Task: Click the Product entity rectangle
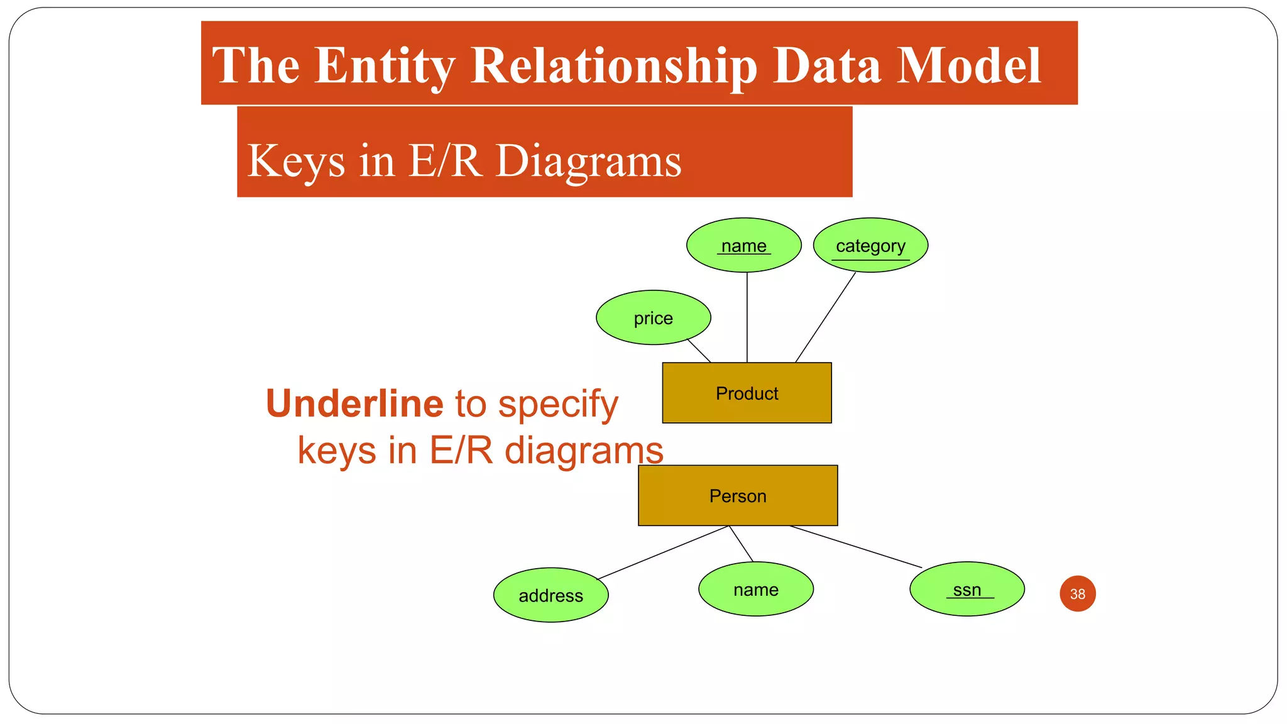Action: tap(747, 393)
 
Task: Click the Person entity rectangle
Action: tap(738, 495)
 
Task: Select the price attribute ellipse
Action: tap(653, 317)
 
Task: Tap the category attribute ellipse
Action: tap(870, 245)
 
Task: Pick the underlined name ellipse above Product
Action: tap(743, 245)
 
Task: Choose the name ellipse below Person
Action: tap(755, 589)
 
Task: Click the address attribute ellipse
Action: tap(550, 595)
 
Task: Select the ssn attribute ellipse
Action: tap(967, 589)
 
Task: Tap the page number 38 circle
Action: tap(1077, 593)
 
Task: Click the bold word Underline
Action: tap(354, 403)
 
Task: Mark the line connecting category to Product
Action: tap(825, 317)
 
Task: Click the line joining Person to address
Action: tap(663, 552)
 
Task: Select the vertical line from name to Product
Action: tap(747, 317)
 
